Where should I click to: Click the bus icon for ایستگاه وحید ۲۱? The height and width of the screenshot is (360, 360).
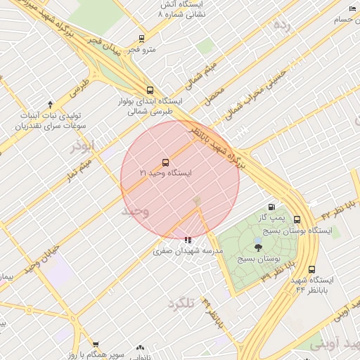coord(165,161)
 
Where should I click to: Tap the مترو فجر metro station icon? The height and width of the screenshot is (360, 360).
coord(142,39)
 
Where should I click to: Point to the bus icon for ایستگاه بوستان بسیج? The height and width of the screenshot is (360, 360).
coord(297,219)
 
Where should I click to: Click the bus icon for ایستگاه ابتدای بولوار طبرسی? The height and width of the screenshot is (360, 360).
coord(149,90)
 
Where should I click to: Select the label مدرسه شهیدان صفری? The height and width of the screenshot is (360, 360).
coord(188,251)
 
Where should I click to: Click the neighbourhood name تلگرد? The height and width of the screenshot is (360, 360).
coord(180,303)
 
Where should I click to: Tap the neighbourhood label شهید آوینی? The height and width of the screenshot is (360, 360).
coord(335,344)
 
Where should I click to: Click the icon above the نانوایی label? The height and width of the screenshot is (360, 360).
coord(140,347)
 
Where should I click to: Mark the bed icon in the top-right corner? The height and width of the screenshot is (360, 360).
coord(352,8)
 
